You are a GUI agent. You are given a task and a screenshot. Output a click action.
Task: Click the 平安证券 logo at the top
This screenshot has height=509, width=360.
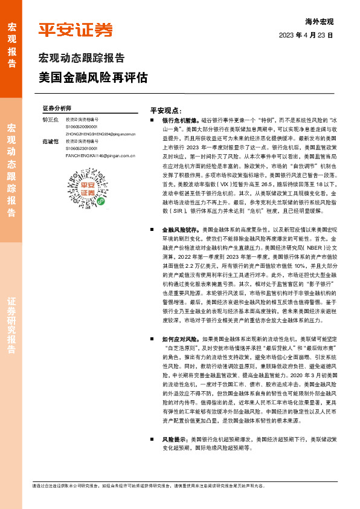point(76,30)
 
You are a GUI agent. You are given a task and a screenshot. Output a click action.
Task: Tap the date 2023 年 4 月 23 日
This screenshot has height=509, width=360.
point(306,36)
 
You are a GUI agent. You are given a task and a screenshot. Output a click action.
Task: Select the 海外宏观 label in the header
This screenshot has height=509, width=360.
point(320,21)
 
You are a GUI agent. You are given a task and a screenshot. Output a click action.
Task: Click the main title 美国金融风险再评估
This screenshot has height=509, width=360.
point(93,78)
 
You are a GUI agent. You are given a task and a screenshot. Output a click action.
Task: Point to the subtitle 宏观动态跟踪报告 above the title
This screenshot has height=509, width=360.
point(82,59)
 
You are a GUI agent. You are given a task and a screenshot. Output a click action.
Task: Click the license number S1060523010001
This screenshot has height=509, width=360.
point(82,148)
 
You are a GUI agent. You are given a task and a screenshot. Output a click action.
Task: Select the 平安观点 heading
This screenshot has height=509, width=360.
point(166,111)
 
